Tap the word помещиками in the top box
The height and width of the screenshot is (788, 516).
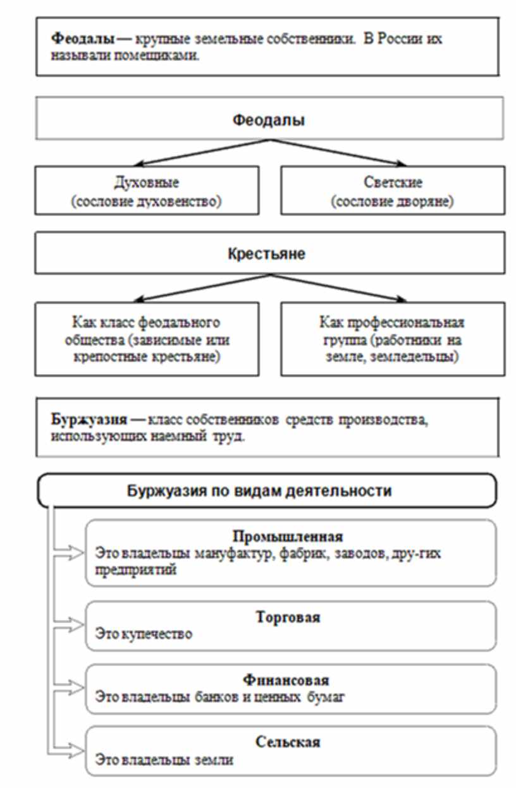[164, 55]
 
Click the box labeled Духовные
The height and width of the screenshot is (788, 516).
[146, 190]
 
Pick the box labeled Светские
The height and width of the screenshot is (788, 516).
[393, 190]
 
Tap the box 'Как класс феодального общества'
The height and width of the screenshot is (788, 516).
[146, 339]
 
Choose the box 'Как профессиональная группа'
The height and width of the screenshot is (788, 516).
[393, 339]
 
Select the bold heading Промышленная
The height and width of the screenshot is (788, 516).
[288, 537]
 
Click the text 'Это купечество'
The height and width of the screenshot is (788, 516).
[144, 633]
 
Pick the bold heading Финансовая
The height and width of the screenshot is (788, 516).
[288, 681]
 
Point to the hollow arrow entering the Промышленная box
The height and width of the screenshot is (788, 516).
[75, 553]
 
